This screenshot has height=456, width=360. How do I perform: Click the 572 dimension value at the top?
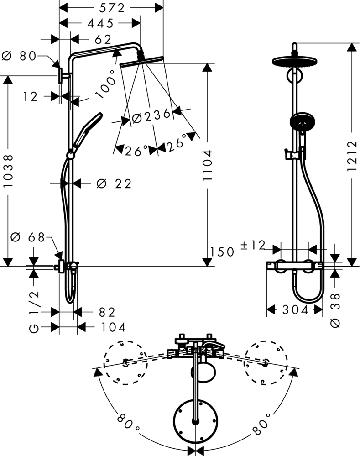(111, 8)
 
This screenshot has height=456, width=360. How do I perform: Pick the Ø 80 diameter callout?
(19, 56)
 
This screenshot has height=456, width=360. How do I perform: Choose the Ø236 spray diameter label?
(151, 117)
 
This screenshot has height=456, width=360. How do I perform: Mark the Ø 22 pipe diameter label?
(114, 183)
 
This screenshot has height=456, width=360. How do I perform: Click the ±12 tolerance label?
(252, 246)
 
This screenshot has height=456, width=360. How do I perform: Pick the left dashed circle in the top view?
(124, 362)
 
